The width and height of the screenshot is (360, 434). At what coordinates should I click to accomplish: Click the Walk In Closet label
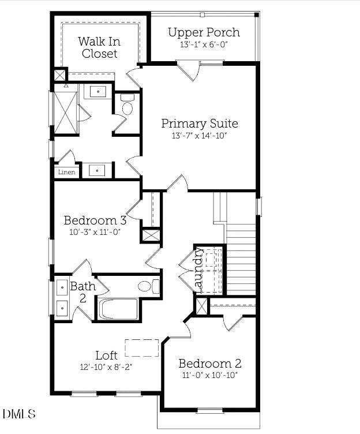coord(99,47)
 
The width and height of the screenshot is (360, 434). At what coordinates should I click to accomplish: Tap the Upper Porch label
coord(203,32)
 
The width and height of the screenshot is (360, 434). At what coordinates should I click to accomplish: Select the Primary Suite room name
coord(199,123)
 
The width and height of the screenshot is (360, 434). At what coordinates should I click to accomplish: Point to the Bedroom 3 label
coord(95,220)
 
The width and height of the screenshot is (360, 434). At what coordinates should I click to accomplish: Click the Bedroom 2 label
coord(209,364)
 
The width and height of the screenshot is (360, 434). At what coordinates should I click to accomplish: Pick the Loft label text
coord(106,355)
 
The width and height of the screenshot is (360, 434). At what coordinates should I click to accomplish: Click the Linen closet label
coord(66,172)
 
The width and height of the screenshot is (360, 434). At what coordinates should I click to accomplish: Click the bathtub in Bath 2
coord(118,309)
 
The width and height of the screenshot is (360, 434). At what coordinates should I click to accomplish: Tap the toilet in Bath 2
coord(148,286)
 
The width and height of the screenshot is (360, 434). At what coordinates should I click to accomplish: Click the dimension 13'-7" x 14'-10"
coord(199,136)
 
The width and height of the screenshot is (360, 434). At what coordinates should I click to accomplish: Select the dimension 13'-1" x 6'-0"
coord(203,44)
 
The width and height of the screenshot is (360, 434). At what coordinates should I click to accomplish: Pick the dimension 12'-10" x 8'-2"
coord(107,366)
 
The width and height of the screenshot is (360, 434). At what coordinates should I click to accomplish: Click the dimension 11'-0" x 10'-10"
coord(209,375)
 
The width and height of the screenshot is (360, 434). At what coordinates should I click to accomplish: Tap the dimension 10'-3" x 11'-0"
coord(95,233)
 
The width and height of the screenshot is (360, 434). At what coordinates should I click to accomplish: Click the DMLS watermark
coord(18,414)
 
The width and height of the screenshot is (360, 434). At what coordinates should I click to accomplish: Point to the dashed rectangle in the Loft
coord(141,348)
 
